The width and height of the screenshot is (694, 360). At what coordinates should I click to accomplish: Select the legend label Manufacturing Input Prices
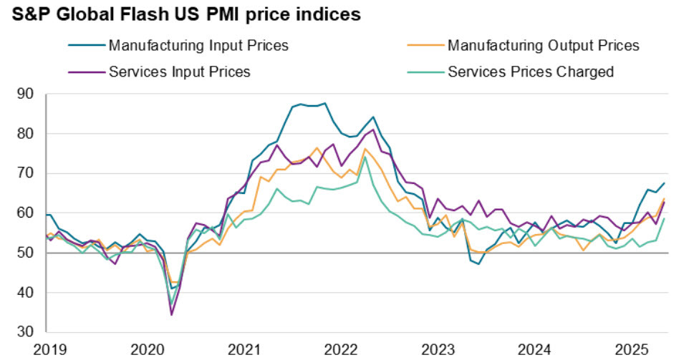click(x=198, y=46)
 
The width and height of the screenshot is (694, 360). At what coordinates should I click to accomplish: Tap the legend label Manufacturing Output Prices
click(x=543, y=46)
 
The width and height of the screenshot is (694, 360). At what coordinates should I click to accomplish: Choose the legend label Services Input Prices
click(x=179, y=72)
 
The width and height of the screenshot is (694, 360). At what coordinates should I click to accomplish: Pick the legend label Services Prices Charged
click(x=531, y=72)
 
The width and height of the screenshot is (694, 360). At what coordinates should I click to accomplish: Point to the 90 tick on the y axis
click(x=26, y=94)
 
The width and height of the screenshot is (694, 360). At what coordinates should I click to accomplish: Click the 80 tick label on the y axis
click(x=26, y=134)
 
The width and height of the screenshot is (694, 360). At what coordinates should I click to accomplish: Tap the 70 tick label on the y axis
click(x=26, y=173)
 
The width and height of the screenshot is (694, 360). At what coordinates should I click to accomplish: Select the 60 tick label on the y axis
click(x=26, y=213)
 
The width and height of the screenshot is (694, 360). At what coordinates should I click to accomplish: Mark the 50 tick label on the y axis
click(x=26, y=253)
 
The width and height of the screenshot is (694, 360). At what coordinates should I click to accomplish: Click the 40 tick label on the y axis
click(x=26, y=293)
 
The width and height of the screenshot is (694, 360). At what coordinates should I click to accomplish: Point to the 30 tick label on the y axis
click(x=26, y=332)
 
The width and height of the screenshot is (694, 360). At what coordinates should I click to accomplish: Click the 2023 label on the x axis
click(x=438, y=350)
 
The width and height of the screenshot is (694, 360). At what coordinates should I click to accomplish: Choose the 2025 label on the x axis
click(x=633, y=350)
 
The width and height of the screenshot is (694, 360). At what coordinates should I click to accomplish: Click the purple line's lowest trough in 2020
click(x=172, y=314)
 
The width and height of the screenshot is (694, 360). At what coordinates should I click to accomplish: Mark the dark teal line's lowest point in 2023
click(x=479, y=263)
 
